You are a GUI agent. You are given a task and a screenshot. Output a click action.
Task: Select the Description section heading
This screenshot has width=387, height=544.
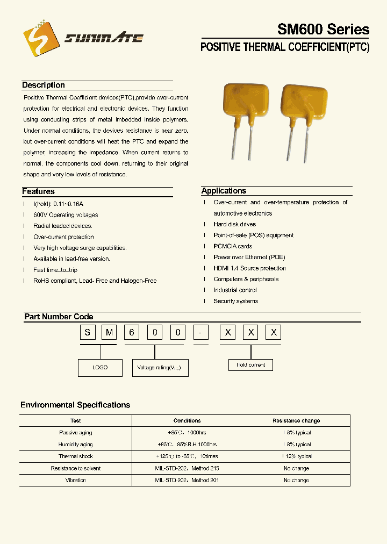click(x=44, y=85)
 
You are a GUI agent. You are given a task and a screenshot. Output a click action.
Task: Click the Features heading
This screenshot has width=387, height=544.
click(x=38, y=191)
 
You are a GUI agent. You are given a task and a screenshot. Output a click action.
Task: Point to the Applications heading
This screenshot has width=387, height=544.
click(x=224, y=191)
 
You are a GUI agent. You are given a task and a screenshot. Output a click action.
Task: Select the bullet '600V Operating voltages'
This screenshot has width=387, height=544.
click(x=66, y=215)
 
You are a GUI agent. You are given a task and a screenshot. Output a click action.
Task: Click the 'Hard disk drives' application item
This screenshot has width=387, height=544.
click(x=235, y=224)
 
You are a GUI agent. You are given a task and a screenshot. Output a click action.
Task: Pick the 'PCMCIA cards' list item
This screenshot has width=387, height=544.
click(x=233, y=246)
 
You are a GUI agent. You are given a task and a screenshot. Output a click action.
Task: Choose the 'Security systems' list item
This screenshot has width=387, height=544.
click(x=236, y=301)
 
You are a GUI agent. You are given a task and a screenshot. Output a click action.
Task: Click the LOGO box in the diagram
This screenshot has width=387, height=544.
click(x=100, y=368)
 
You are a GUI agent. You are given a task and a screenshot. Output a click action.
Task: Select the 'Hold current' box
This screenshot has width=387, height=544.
click(x=250, y=365)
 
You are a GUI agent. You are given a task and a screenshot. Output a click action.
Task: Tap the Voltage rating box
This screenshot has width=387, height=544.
click(x=160, y=368)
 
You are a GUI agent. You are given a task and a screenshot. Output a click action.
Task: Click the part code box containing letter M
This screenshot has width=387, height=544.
click(x=110, y=333)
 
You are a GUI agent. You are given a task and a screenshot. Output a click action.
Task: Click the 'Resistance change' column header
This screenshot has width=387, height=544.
click(x=296, y=421)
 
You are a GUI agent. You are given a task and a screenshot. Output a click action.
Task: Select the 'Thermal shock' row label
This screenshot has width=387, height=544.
click(x=76, y=456)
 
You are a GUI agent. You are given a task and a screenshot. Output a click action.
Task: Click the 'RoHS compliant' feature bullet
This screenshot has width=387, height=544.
click(x=95, y=281)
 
